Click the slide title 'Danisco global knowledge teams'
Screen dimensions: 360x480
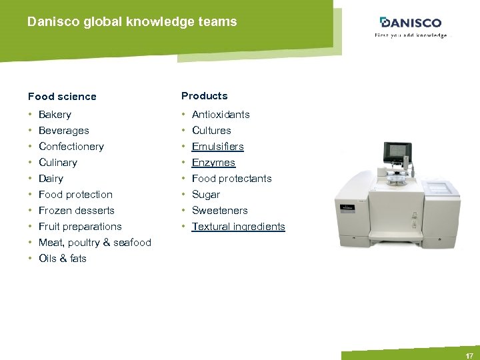coord(132,22)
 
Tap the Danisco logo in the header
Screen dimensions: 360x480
coord(410,23)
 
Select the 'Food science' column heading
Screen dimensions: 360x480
coord(62,97)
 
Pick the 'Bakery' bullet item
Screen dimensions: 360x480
coord(55,115)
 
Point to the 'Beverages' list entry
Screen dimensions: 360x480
coord(63,131)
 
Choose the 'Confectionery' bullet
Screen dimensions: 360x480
coord(71,147)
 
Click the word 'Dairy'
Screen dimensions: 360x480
coord(51,179)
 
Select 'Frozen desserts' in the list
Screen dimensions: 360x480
coord(77,211)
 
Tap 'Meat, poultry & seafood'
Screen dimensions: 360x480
coord(95,243)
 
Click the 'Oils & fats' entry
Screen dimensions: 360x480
coord(63,259)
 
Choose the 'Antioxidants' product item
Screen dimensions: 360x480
coord(221,115)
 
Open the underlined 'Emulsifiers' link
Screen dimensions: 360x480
coord(218,147)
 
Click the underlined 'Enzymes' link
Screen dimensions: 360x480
coord(213,163)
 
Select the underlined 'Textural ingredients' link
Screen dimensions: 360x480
coord(238,227)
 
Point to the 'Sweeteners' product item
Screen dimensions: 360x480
coord(219,211)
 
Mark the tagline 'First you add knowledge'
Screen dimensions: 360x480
coord(410,35)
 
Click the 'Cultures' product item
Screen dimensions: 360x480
coord(211,131)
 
